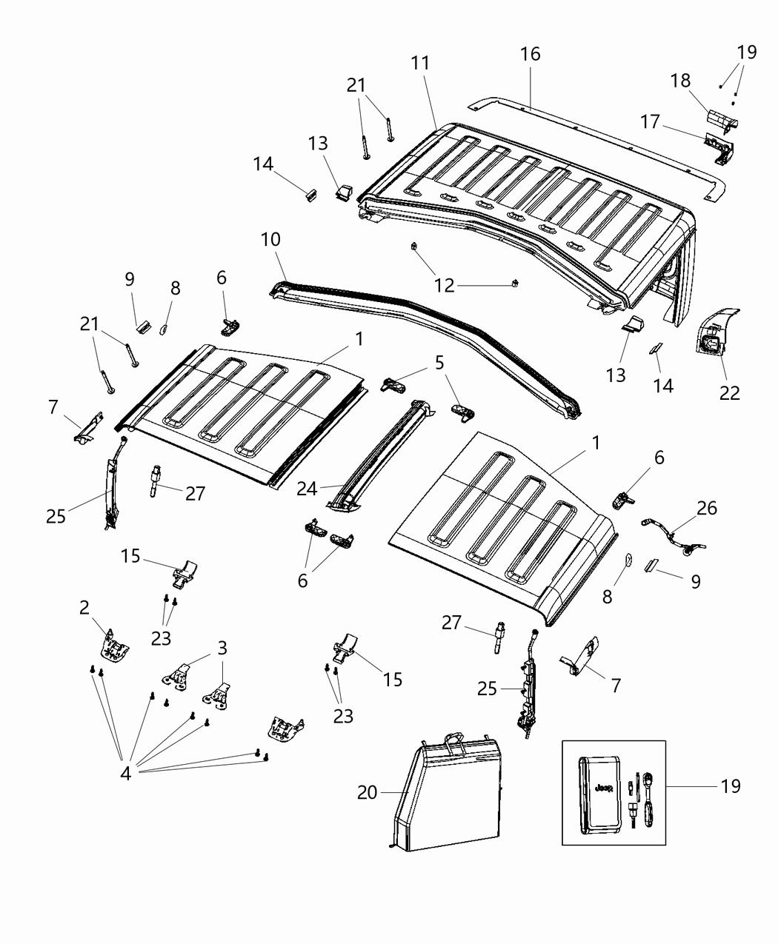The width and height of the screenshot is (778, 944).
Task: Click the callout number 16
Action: (x=531, y=54)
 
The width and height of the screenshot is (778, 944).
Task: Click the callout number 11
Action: (x=420, y=63)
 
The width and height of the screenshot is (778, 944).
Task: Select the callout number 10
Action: (x=271, y=241)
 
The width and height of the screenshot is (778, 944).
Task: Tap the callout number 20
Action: (x=367, y=792)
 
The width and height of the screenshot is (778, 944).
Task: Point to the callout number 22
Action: (x=730, y=393)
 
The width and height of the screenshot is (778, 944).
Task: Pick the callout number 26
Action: (x=707, y=508)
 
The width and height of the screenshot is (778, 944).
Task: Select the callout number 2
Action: (x=85, y=608)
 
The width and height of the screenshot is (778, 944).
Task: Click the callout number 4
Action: (x=125, y=774)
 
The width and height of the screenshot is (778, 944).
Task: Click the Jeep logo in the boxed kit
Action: (x=602, y=790)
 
